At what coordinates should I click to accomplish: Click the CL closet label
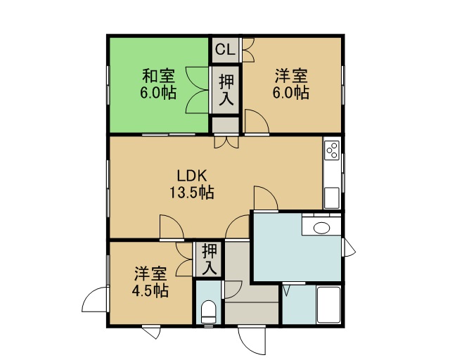[225, 50]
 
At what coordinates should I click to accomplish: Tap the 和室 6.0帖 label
[158, 84]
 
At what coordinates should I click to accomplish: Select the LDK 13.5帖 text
[192, 184]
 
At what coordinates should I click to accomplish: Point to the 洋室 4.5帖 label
[150, 282]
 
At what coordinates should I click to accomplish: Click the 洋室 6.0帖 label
[290, 84]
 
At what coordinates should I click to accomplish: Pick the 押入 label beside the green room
[226, 90]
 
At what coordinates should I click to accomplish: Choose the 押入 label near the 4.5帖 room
[209, 259]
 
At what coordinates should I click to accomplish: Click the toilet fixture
[208, 312]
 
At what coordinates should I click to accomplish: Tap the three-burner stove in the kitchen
[332, 150]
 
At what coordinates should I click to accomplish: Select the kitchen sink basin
[331, 198]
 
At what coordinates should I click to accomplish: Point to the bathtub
[328, 305]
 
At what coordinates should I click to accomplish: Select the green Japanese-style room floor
[159, 85]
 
